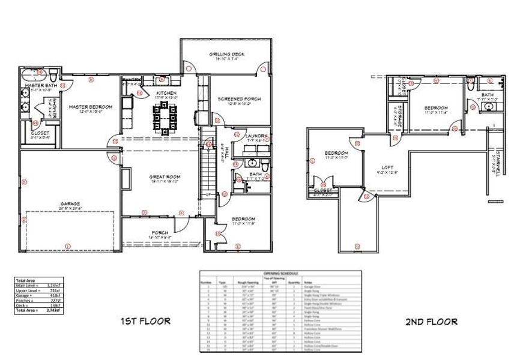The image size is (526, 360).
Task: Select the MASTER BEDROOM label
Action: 90,107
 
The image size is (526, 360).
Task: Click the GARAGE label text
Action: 70,203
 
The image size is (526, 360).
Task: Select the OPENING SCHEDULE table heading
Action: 280,273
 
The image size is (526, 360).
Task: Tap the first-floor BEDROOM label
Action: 241,218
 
